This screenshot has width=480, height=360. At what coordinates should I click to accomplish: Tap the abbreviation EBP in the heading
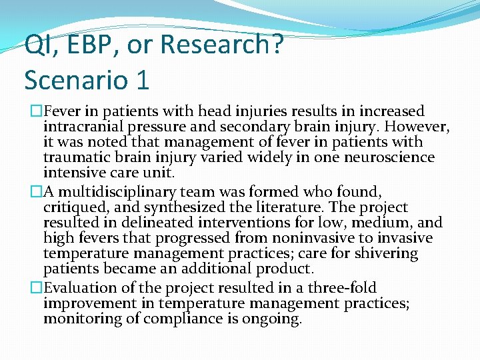coord(83,45)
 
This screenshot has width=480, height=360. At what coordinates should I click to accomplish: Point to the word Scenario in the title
coord(75,80)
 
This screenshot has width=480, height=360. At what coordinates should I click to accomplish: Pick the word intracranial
coord(83,127)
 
